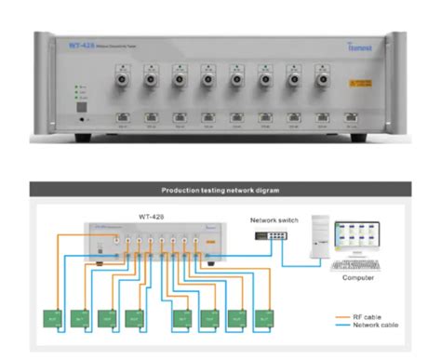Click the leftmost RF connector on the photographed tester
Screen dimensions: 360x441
coord(120,80)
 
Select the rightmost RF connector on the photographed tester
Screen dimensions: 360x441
coord(322,80)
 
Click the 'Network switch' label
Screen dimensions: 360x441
coord(274,219)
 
